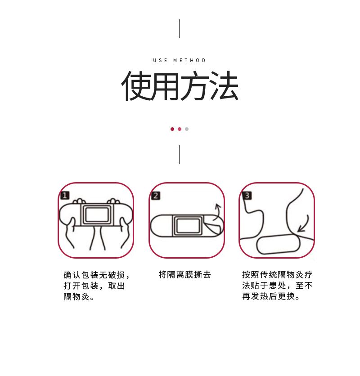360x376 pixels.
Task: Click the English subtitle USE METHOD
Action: (x=179, y=60)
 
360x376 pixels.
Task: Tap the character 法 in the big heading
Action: (x=224, y=85)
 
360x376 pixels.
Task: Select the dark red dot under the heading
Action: (x=172, y=129)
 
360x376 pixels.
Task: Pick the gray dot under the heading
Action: (x=187, y=129)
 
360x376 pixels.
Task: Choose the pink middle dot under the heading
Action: (x=180, y=129)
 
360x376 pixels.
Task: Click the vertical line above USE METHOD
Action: (x=179, y=28)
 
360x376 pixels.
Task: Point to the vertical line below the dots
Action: (x=179, y=154)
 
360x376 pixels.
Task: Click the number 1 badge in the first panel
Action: (x=65, y=195)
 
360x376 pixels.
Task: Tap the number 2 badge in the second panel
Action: (x=156, y=196)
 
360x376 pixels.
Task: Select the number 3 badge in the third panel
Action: (x=247, y=196)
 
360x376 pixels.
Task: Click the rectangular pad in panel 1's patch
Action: (x=97, y=215)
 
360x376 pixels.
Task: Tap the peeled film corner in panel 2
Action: (x=213, y=227)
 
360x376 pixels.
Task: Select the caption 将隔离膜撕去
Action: (x=184, y=274)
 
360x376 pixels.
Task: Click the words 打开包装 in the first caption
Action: (x=81, y=286)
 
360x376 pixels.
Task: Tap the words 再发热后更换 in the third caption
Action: (x=269, y=296)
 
